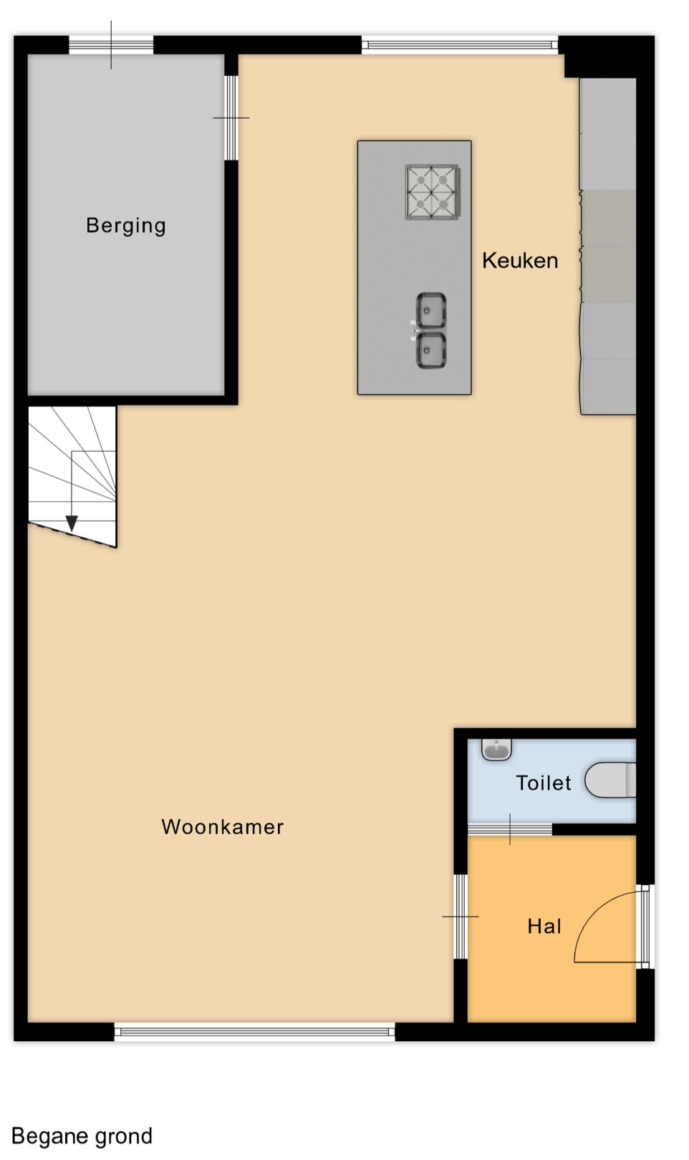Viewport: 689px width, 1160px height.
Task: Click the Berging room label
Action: [x=126, y=226]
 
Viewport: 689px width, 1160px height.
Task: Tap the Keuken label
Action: [x=520, y=261]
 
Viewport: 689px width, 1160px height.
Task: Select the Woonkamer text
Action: [x=223, y=827]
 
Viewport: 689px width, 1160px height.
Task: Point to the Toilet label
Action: [x=544, y=783]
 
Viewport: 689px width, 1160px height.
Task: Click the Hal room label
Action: [x=544, y=927]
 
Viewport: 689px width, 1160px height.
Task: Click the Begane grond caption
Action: [x=82, y=1136]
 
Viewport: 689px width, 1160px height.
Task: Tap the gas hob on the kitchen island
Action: [x=433, y=192]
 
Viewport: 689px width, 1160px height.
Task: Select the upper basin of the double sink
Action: [x=431, y=310]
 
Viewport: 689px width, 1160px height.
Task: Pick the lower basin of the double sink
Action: [x=431, y=351]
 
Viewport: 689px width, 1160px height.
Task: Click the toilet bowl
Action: [x=610, y=780]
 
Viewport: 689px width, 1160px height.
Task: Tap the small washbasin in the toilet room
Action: [x=497, y=749]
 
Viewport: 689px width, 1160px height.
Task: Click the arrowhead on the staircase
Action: [x=72, y=523]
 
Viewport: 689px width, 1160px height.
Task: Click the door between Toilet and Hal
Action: [x=510, y=829]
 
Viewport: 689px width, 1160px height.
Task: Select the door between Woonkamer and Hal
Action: [x=461, y=917]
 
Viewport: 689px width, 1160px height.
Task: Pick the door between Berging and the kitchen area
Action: [x=231, y=118]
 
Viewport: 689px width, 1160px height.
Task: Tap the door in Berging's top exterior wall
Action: [x=112, y=45]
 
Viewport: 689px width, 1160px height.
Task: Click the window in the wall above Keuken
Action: [x=460, y=45]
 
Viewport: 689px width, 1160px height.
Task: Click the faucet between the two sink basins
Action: [x=413, y=330]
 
